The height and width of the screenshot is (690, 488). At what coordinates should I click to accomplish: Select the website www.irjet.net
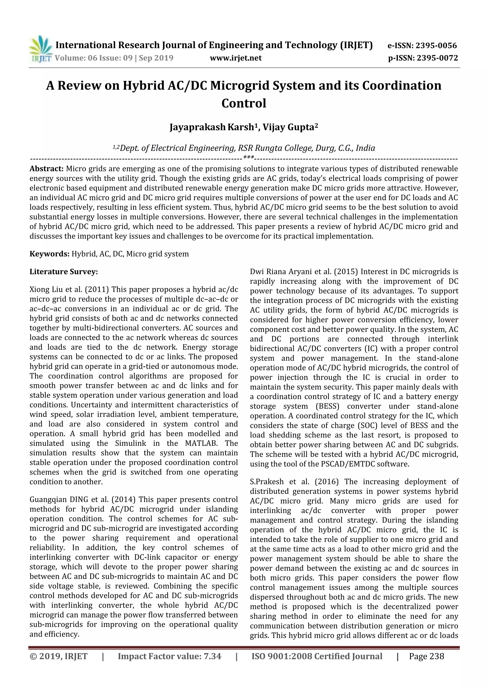[236, 58]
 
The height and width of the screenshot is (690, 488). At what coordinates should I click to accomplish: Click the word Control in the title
[244, 103]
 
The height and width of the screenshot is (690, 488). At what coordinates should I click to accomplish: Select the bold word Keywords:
[50, 254]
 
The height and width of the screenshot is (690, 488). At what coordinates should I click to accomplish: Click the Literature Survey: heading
[64, 272]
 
